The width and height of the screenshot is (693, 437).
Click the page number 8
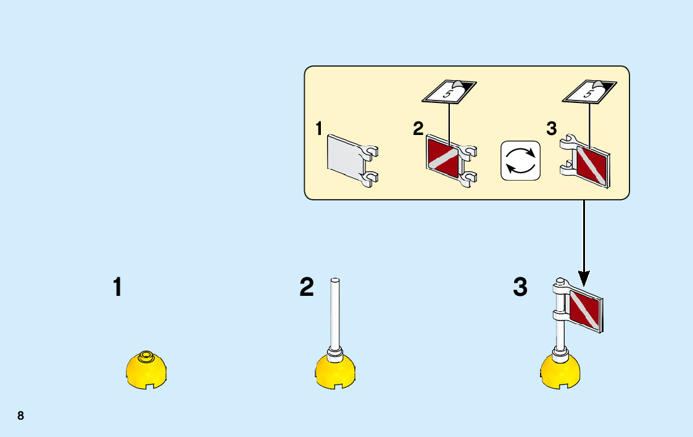20,415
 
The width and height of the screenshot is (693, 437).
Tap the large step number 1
117,287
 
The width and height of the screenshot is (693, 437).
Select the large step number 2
307,287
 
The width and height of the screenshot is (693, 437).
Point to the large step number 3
520,287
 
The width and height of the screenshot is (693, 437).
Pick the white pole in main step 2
336,314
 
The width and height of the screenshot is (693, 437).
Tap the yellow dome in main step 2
335,372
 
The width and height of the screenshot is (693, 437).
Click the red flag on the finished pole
584,309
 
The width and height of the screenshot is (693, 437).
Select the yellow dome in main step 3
560,372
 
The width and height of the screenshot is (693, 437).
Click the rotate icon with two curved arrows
520,161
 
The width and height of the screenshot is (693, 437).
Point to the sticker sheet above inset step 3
589,92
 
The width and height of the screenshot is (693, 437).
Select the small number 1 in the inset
318,129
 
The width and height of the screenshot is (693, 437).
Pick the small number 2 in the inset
418,129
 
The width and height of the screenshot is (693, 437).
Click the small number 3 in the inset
552,129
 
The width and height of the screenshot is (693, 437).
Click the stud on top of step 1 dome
146,355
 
